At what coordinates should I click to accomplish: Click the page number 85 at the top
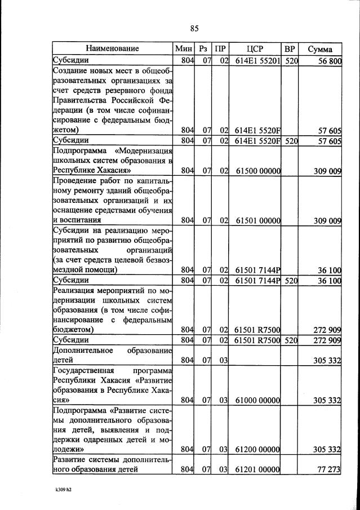pyautogui.click(x=195, y=29)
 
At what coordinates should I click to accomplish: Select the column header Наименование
pyautogui.click(x=113, y=48)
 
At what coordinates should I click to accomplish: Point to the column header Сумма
pyautogui.click(x=319, y=49)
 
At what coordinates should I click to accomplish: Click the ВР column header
pyautogui.click(x=291, y=48)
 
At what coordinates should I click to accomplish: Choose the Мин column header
pyautogui.click(x=184, y=48)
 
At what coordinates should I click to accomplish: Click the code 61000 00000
pyautogui.click(x=259, y=401)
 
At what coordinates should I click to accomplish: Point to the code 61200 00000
pyautogui.click(x=259, y=450)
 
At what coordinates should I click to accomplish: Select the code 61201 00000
pyautogui.click(x=259, y=468)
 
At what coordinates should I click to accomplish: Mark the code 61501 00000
pyautogui.click(x=259, y=221)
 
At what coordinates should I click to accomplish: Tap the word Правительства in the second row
pyautogui.click(x=81, y=101)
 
